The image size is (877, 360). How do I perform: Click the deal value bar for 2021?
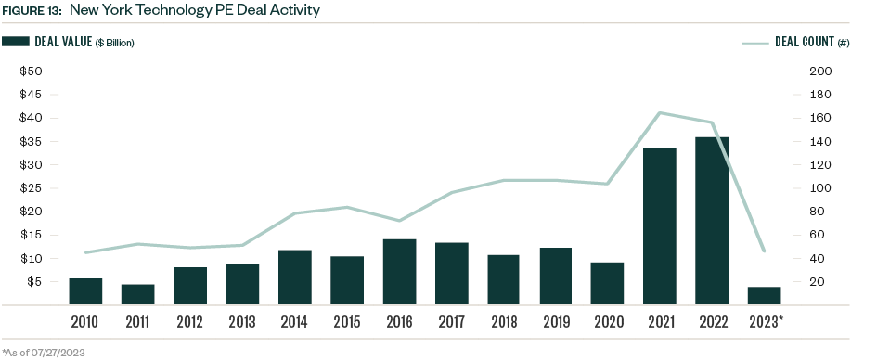[659, 226]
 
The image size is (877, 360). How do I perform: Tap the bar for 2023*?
[764, 295]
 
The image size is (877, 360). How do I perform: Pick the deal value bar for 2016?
[399, 272]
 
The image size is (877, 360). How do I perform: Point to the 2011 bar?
[137, 294]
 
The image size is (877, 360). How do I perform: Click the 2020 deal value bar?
[607, 283]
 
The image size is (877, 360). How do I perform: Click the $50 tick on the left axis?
[32, 71]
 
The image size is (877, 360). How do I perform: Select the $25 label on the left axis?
[32, 188]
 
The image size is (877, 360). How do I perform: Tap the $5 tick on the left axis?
[34, 282]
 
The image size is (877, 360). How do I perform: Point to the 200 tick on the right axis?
[820, 71]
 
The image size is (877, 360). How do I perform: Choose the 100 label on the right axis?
[820, 188]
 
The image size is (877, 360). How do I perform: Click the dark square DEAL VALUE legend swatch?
[16, 42]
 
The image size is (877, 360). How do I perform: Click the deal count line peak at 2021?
[659, 113]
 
